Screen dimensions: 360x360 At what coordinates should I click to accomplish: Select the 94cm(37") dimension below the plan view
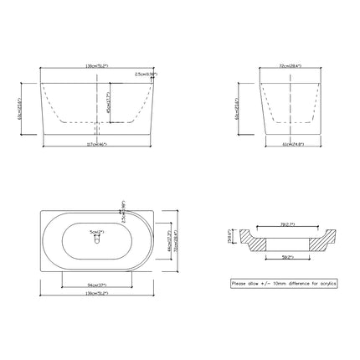point(96,284)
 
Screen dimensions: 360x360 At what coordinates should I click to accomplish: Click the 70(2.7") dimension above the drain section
point(288,224)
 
